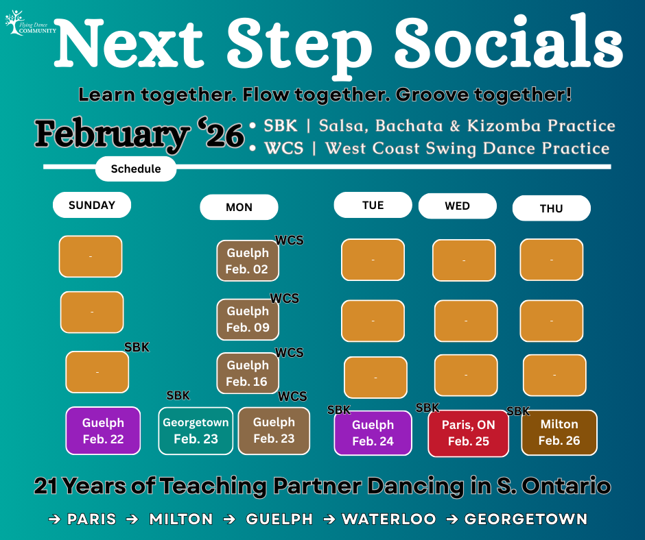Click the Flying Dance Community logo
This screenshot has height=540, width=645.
click(x=30, y=23)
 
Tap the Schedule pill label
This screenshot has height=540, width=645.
click(x=136, y=169)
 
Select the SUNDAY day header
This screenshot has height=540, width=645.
click(x=92, y=205)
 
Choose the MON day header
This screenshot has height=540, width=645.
click(x=239, y=207)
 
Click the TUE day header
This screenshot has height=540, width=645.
click(x=373, y=205)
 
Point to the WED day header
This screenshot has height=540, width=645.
click(x=458, y=206)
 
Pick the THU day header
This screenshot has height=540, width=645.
click(x=551, y=208)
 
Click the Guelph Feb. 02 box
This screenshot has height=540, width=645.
click(x=248, y=260)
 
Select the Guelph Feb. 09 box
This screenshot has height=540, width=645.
click(x=248, y=319)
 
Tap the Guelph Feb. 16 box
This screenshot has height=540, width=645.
click(x=248, y=373)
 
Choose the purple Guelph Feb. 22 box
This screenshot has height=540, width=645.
click(x=103, y=430)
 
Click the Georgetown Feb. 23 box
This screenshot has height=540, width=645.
click(x=196, y=430)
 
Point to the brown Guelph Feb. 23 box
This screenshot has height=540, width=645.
click(x=274, y=430)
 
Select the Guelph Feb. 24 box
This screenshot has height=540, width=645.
click(x=373, y=433)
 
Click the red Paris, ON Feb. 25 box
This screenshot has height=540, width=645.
click(x=469, y=433)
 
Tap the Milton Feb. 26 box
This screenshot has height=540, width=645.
click(x=559, y=432)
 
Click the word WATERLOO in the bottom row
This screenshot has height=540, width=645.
click(x=389, y=519)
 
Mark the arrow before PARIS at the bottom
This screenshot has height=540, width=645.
click(x=54, y=519)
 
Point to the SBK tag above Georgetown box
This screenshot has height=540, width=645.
click(x=178, y=395)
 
